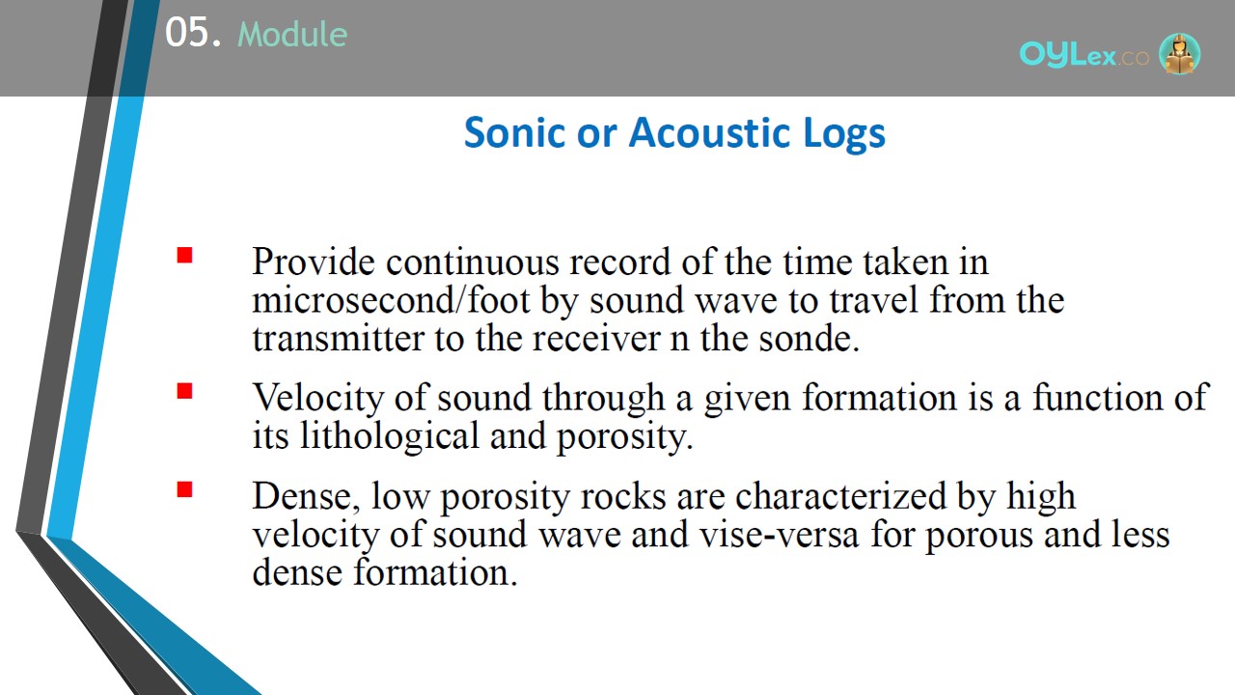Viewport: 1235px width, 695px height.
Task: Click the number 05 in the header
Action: (x=187, y=32)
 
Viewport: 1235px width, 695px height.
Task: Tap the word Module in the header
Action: (x=292, y=34)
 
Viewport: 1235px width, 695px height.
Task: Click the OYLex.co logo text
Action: (x=1084, y=55)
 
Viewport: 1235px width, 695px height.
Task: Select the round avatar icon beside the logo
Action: (x=1179, y=53)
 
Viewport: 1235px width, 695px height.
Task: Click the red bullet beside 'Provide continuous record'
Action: (x=184, y=255)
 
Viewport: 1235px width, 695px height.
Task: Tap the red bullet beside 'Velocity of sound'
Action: (x=184, y=391)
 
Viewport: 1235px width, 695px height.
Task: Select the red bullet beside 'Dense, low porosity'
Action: (x=184, y=489)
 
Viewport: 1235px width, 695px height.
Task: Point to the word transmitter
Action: (x=338, y=338)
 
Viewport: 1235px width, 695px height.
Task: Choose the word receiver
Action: (x=596, y=338)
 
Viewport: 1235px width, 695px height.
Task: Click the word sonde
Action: (x=809, y=338)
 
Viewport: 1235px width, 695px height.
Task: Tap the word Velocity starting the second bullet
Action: (x=318, y=399)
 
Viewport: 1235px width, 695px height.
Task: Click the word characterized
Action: (x=840, y=495)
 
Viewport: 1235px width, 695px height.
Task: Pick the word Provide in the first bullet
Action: (x=314, y=261)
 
